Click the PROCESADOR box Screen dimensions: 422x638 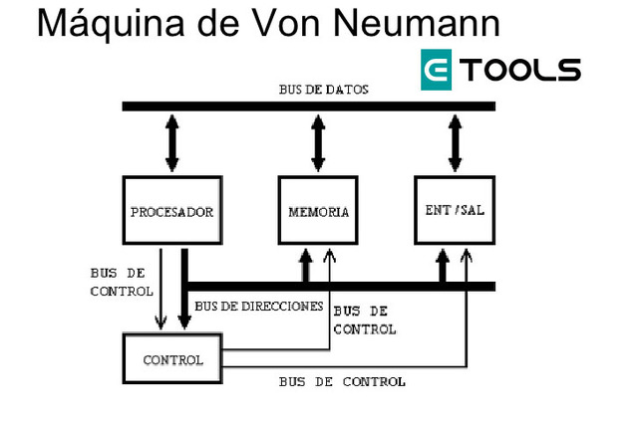(172, 211)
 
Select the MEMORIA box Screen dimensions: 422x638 (318, 212)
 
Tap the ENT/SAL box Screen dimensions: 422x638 (455, 210)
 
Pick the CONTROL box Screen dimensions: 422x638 (172, 359)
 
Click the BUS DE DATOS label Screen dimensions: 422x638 (323, 90)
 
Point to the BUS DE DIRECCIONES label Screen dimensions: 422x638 (259, 306)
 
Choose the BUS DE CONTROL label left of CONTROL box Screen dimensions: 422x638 (122, 282)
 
